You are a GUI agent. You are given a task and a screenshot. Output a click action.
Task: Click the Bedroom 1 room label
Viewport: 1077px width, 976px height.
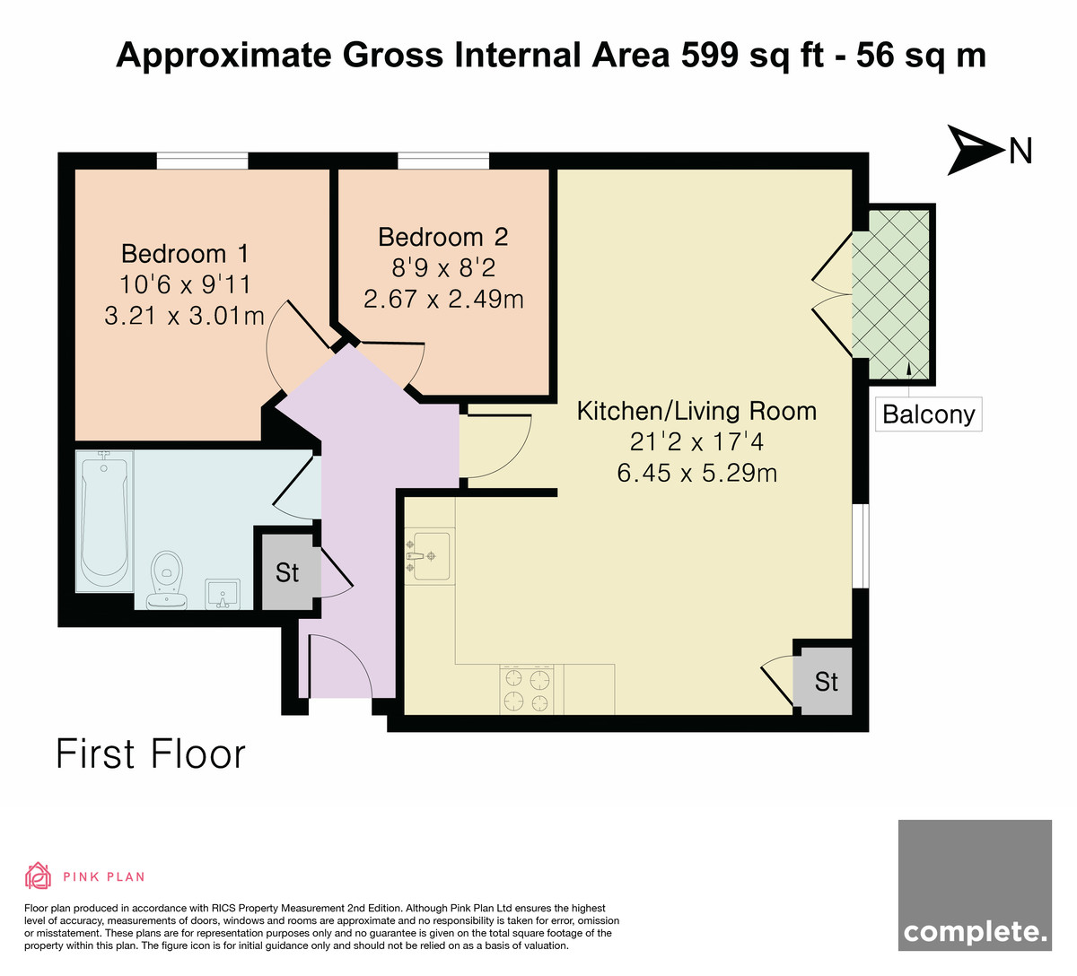(x=185, y=254)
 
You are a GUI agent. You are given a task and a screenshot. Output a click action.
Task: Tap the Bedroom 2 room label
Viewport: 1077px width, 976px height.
(x=443, y=238)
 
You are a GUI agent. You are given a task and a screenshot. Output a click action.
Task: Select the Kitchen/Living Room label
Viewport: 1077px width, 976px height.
(x=696, y=412)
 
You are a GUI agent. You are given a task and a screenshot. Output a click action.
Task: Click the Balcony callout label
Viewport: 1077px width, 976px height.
(x=929, y=414)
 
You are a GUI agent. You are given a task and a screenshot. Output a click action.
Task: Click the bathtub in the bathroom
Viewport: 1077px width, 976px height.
(x=104, y=521)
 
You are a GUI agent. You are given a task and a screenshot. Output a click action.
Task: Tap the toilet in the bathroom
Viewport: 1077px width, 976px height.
(x=167, y=579)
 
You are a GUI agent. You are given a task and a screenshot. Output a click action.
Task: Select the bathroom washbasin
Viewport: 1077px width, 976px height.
(x=223, y=594)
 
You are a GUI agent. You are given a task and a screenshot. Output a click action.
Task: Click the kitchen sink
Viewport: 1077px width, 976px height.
(x=430, y=556)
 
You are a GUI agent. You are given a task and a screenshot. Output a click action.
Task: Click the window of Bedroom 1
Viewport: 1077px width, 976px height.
(x=203, y=161)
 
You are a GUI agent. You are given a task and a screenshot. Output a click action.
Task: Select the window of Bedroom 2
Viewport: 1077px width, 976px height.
(x=443, y=161)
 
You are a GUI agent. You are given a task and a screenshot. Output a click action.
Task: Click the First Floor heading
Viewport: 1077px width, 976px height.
(x=151, y=754)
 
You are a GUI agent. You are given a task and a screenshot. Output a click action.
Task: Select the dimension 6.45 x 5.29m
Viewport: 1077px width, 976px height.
(x=696, y=474)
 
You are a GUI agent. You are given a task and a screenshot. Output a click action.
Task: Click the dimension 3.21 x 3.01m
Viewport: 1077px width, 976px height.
(x=185, y=316)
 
